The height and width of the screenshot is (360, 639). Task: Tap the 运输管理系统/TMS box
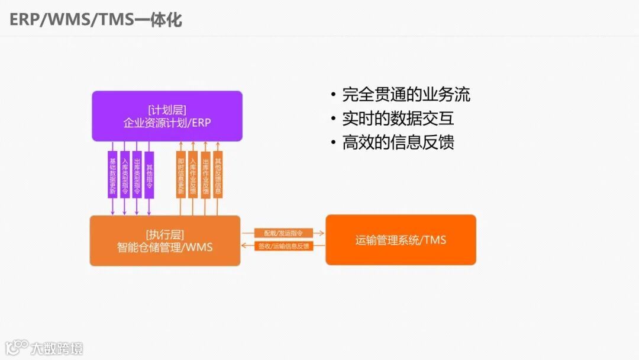401,240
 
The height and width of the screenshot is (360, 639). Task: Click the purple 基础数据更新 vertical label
112,175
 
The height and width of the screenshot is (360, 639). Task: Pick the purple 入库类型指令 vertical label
125,175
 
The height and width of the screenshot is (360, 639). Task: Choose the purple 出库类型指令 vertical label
137,175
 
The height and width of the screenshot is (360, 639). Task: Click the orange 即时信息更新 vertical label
181,175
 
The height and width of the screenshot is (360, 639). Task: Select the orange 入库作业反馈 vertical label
193,175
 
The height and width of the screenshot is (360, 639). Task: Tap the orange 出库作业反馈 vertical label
205,175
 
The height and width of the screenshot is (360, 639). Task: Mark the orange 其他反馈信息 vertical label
218,174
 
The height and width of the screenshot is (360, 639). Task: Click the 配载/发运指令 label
283,233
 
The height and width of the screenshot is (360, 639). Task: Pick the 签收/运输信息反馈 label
283,246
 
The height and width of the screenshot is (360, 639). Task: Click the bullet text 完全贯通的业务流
406,95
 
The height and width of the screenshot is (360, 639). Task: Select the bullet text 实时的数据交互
398,118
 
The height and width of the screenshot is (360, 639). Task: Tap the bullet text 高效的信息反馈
398,142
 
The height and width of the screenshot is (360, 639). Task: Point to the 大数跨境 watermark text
57,348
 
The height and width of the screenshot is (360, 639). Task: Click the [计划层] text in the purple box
167,110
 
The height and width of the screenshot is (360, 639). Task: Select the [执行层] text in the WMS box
165,234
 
